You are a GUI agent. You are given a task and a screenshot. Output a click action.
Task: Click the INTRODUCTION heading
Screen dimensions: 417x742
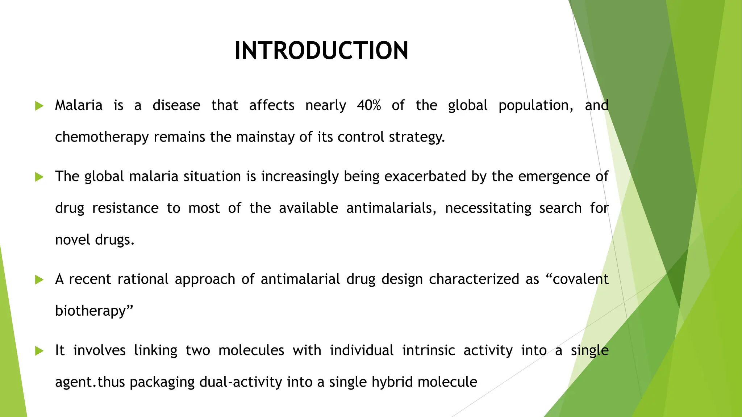321,50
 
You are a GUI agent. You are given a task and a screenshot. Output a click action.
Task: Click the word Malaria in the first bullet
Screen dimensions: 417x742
79,105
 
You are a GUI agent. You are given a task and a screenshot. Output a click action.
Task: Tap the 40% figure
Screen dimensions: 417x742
369,105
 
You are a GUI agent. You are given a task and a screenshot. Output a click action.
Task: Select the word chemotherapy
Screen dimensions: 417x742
102,137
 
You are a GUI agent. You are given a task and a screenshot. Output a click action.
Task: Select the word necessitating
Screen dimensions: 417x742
488,208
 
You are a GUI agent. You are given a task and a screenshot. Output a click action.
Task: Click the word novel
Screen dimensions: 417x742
72,240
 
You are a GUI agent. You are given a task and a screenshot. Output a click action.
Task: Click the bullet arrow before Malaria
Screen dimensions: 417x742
39,106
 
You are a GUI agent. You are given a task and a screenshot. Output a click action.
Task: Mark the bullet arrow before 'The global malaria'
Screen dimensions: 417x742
39,177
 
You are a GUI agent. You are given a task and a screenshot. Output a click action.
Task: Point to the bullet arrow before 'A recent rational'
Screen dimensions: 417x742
39,280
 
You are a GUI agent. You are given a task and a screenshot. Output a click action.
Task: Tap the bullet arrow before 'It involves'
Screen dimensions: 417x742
39,351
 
